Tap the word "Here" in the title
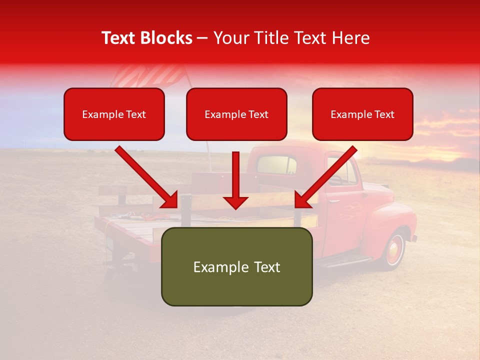tap(351, 38)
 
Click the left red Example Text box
tap(114, 114)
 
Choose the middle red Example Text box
tap(236, 114)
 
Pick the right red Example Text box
tap(362, 114)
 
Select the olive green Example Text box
tap(236, 266)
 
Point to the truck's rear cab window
tap(276, 165)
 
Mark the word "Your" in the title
tap(231, 38)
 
